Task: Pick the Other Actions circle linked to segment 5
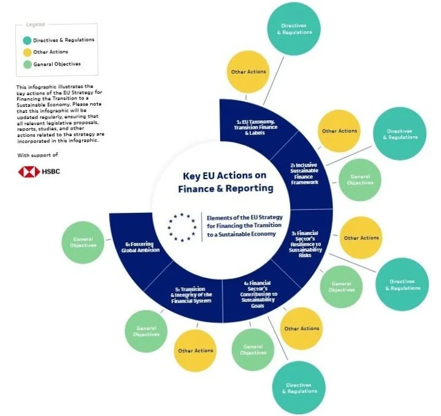pyautogui.click(x=196, y=351)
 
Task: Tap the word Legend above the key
pyautogui.click(x=35, y=25)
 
